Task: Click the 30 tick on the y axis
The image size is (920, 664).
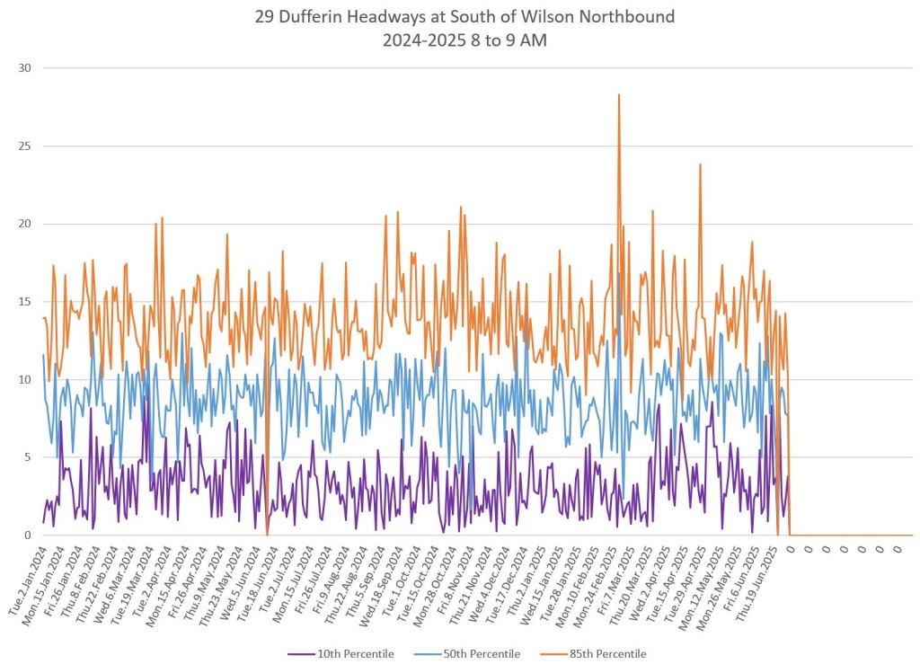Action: point(24,68)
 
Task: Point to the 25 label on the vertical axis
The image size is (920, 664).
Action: point(24,146)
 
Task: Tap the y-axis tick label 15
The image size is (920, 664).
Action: point(24,302)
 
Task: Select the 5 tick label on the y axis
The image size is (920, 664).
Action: point(27,457)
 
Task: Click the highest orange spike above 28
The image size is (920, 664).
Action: point(619,94)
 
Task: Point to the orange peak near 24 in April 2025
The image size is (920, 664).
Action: point(700,164)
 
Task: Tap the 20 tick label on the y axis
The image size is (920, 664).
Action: point(24,224)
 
